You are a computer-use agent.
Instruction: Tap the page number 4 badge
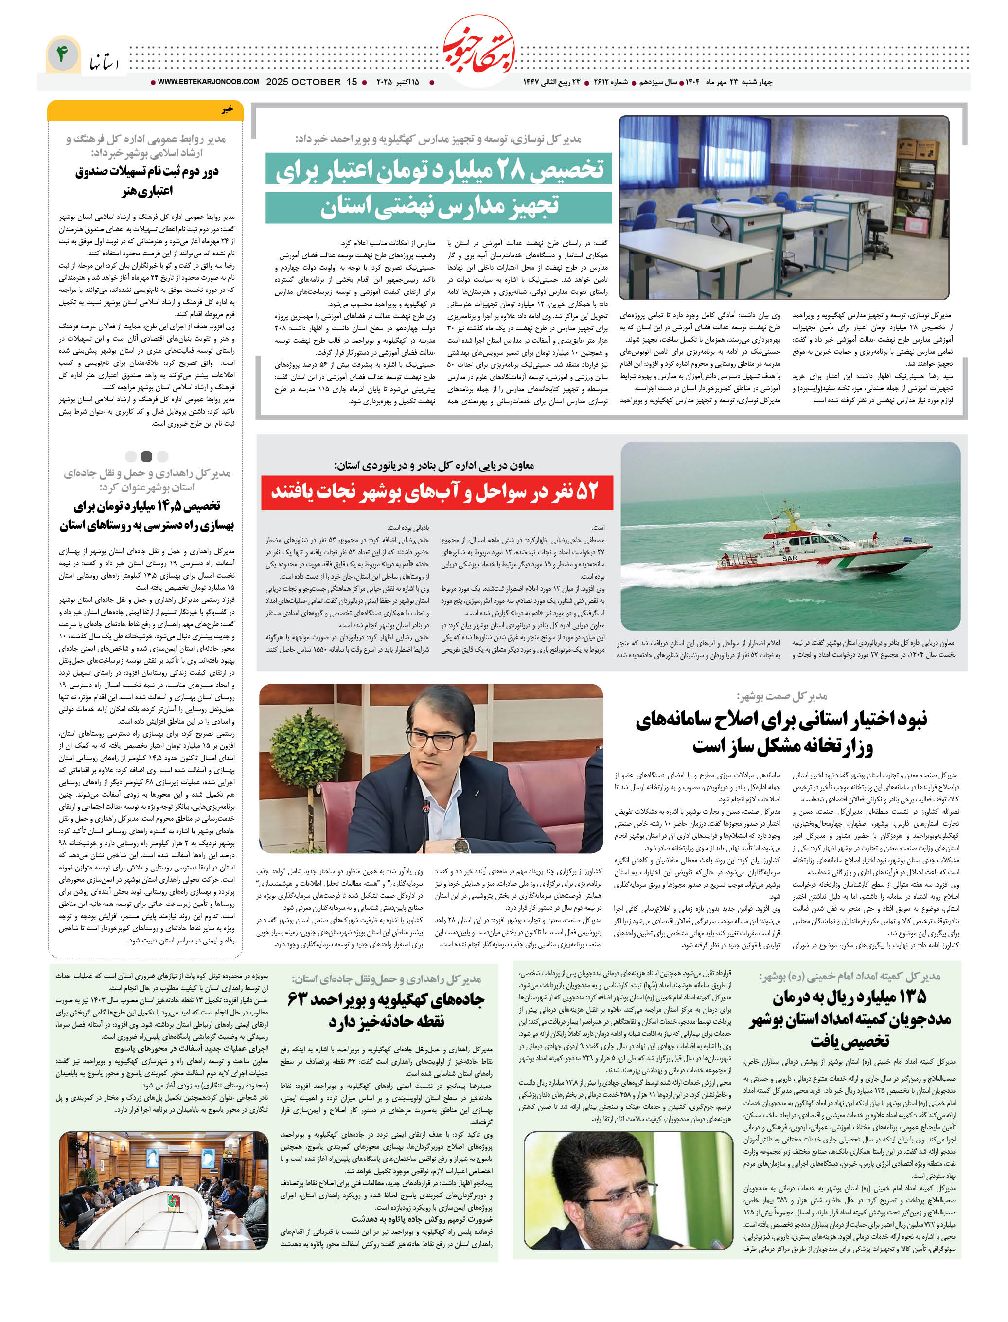[x=62, y=54]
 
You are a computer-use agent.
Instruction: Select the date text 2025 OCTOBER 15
[x=311, y=82]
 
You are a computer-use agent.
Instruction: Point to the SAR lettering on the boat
[x=790, y=558]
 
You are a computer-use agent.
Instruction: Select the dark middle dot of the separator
[x=146, y=456]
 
